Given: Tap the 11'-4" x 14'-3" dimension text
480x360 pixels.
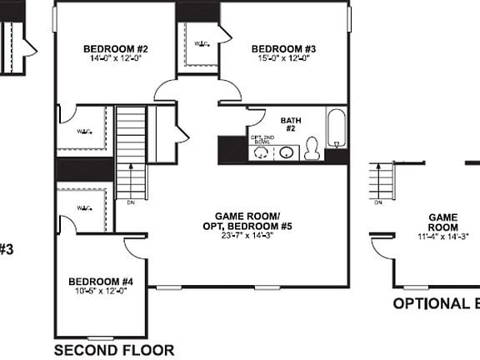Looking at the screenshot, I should click(x=443, y=236).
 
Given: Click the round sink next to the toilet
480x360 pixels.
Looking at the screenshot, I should click(x=287, y=152).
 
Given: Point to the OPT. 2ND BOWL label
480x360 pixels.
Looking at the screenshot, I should click(x=262, y=140).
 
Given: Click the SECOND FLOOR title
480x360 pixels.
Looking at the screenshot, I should click(x=114, y=350).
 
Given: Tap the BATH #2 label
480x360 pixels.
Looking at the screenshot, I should click(x=292, y=124).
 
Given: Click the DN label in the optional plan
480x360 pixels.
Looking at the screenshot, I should click(x=378, y=202).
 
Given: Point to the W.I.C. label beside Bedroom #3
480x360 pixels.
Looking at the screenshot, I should click(x=202, y=42).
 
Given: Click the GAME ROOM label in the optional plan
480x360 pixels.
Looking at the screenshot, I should click(x=443, y=221).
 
